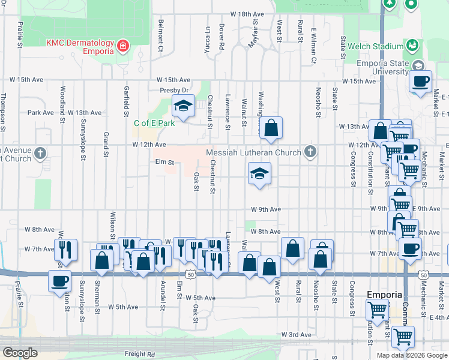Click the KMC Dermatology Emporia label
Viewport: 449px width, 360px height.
80,47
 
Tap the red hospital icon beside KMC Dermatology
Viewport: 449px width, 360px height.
123,46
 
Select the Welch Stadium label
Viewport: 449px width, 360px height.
379,47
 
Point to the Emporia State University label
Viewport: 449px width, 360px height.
382,67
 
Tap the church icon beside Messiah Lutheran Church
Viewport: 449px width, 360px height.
310,152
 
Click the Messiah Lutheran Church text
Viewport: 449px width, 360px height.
253,152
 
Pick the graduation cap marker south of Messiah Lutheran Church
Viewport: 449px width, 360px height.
259,174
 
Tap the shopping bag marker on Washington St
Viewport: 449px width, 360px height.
271,128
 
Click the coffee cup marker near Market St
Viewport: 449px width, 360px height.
420,81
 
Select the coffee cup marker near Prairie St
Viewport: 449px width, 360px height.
60,281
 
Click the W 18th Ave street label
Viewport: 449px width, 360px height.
247,14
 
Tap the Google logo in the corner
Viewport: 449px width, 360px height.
20,353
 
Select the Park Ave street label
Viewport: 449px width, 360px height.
41,112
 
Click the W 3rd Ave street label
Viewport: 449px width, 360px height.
297,334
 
